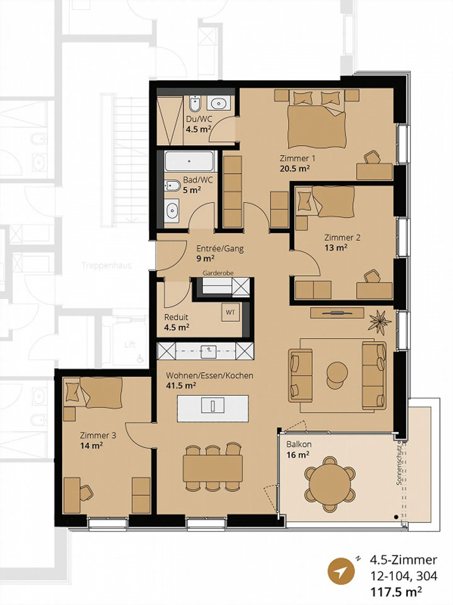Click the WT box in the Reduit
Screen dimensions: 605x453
230,312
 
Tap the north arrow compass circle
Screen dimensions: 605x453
341,571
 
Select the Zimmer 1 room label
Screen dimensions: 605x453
297,158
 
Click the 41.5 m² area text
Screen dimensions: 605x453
181,385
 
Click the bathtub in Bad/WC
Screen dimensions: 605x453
189,161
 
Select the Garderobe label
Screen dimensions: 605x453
218,273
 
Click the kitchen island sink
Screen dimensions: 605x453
213,406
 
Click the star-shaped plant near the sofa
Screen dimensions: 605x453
380,322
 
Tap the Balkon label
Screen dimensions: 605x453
299,444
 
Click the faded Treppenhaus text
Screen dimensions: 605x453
107,265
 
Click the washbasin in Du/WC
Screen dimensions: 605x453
219,103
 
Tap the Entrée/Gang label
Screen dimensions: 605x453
220,249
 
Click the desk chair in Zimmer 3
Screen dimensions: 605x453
86,492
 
